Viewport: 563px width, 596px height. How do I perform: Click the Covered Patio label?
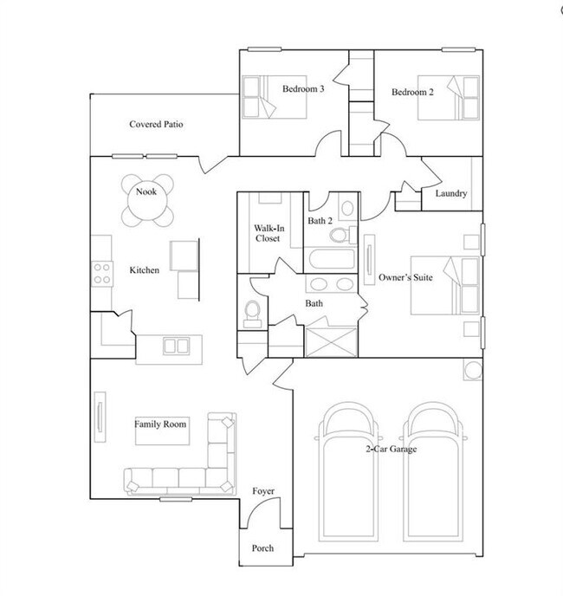coord(156,124)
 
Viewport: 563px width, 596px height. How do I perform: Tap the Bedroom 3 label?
coord(303,89)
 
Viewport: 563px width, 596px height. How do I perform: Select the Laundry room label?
coord(451,193)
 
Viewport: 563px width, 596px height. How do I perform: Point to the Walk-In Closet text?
coord(269,233)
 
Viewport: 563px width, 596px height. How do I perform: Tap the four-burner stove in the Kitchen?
coord(102,274)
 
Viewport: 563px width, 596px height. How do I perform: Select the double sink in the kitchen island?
coord(177,346)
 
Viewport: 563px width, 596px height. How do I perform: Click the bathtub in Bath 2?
coord(332,258)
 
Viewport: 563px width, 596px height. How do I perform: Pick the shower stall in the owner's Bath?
coord(332,342)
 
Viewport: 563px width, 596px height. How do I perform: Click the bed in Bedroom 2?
coord(449,98)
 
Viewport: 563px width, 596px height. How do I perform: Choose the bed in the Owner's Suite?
coord(445,286)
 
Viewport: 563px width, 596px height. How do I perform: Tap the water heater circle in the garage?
coord(473,370)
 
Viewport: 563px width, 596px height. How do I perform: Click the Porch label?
coord(262,548)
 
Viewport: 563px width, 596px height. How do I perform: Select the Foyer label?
coord(263,491)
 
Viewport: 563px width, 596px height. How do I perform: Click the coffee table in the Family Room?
coord(162,431)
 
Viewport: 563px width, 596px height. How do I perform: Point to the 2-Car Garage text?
coord(392,449)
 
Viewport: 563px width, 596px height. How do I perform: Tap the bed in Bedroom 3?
coord(275,97)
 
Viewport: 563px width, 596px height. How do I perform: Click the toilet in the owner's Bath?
coord(252,314)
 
